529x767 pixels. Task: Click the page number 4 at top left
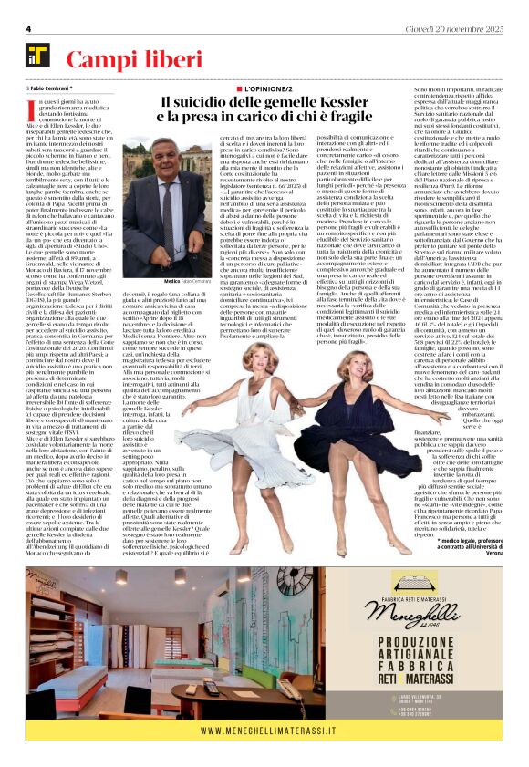click(29, 29)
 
